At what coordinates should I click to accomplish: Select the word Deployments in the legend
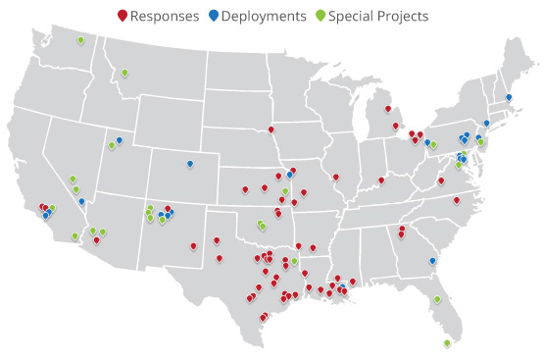pos(263,16)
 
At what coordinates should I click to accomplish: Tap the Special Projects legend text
pos(379,16)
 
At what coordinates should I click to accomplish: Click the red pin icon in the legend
pos(122,16)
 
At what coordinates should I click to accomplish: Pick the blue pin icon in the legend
pos(214,16)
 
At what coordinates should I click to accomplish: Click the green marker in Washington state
pos(79,40)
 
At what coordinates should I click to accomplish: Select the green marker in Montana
pos(125,72)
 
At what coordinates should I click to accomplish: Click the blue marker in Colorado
pos(190,163)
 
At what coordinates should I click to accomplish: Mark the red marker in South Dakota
pos(272,129)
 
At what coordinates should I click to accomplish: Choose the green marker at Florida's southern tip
pos(447,342)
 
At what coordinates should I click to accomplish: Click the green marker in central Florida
pos(437,299)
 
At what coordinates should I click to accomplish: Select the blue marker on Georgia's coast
pos(432,261)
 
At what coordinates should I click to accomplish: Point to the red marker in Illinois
pos(335,177)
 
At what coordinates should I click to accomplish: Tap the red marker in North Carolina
pos(457,200)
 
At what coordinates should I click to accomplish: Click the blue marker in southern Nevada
pos(81,201)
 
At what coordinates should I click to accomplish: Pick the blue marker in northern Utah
pos(120,139)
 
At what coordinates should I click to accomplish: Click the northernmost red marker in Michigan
pos(388,108)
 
